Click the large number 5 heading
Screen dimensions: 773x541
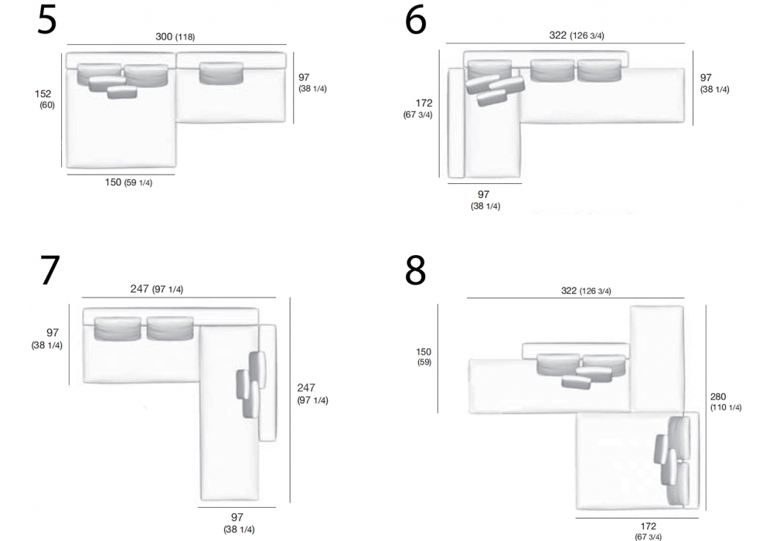tap(47, 21)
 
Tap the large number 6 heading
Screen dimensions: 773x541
tap(415, 21)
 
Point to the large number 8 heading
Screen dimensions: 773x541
tap(415, 270)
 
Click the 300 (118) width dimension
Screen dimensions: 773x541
tap(175, 36)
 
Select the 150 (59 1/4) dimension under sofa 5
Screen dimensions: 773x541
tap(128, 182)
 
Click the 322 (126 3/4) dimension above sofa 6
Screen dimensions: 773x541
tap(577, 36)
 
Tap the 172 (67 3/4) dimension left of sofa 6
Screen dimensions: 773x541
tap(418, 108)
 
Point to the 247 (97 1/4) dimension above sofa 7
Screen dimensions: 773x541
tap(156, 289)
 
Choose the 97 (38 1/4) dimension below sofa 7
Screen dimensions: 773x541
tap(239, 522)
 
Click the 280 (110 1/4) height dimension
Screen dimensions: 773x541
tap(726, 402)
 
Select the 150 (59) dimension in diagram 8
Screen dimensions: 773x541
tap(424, 357)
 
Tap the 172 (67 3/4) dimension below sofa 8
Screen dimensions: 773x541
tap(649, 531)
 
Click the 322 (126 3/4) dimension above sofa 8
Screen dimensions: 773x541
tap(586, 291)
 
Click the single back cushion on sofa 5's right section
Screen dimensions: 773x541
tap(221, 73)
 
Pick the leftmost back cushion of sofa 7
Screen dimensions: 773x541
tap(117, 328)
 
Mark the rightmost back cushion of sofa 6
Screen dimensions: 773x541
tap(599, 70)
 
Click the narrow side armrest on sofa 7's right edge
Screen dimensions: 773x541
tap(267, 383)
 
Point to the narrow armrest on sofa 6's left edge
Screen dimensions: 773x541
tap(457, 123)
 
